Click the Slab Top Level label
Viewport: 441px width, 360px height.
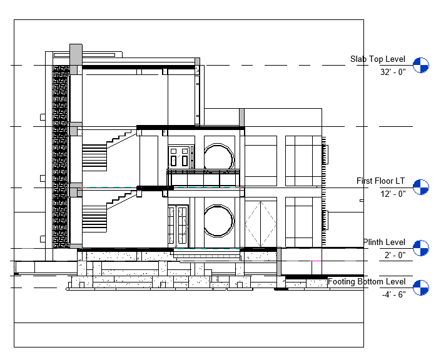coord(377,59)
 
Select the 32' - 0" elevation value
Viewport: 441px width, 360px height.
coord(393,72)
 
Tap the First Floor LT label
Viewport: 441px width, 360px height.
coord(380,181)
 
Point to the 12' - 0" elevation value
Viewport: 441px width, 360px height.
coord(393,194)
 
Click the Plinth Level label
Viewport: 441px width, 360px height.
coord(384,242)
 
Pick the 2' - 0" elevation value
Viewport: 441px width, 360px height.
coord(395,255)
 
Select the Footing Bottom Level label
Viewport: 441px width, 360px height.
coord(367,282)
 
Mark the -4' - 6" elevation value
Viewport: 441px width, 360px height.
coord(393,294)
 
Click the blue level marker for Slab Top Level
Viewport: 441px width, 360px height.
coord(421,65)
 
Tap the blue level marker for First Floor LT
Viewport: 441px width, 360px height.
coord(421,187)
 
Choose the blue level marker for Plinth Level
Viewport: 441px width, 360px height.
coord(421,248)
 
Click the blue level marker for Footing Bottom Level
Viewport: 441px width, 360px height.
coord(421,287)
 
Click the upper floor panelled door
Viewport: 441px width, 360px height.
coord(181,157)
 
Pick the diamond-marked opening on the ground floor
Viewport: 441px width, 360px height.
coord(261,224)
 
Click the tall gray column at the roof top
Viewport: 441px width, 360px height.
coord(76,54)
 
